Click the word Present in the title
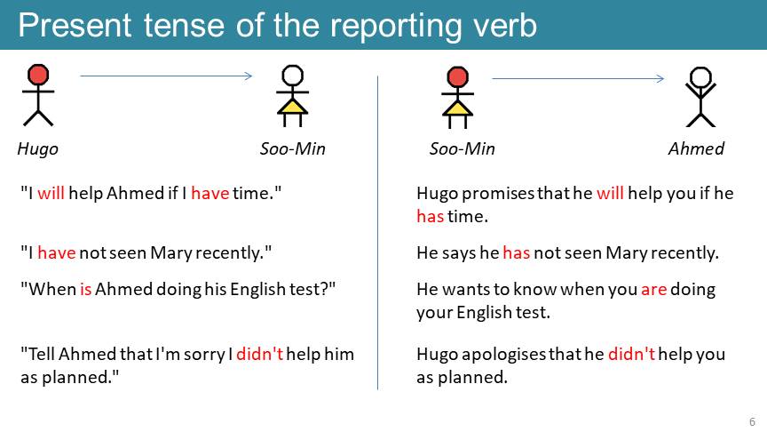75,25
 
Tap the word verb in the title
505,25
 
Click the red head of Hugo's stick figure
38,75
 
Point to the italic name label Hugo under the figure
37,149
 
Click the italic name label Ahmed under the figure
696,148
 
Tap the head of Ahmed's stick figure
700,77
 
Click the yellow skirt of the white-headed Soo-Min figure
293,107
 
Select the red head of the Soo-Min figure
457,77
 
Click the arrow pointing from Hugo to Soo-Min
166,76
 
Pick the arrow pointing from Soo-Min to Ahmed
578,78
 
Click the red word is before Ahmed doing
85,290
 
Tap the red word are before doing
654,290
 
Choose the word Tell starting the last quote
42,354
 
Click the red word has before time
430,216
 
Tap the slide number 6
752,421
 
